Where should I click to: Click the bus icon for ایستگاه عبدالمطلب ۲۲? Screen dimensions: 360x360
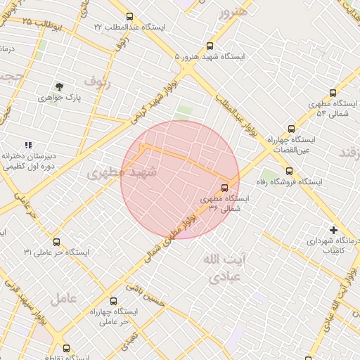[129, 16]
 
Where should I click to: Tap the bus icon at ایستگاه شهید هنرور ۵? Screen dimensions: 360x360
[210, 46]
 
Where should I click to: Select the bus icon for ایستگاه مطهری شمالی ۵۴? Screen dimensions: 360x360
[333, 92]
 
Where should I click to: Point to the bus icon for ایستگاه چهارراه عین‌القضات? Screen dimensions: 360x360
[291, 129]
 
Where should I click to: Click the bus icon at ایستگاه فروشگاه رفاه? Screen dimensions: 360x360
[289, 171]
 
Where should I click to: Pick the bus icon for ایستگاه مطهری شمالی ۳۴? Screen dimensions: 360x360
[224, 188]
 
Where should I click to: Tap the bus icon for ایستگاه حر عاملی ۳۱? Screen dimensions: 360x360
[56, 242]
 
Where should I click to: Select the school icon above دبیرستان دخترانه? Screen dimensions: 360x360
[28, 145]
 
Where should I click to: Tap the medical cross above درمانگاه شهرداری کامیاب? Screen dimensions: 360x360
[333, 229]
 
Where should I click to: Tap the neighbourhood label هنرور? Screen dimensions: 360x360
[233, 12]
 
